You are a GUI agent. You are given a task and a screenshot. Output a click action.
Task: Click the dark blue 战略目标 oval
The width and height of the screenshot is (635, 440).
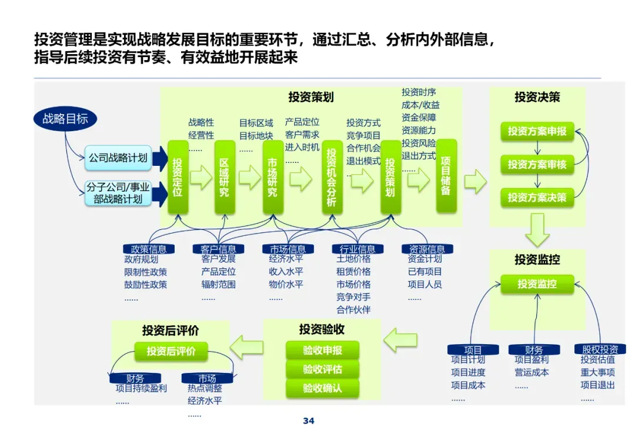tap(65, 119)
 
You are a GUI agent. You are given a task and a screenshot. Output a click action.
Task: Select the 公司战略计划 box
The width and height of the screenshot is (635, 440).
tap(118, 158)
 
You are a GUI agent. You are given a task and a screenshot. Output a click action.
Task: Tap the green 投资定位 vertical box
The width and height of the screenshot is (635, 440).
tap(178, 177)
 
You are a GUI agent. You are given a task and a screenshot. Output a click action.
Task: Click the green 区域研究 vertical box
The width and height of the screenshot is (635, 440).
tap(225, 177)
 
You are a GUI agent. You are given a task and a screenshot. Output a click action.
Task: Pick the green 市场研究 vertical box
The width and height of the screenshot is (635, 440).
tap(272, 177)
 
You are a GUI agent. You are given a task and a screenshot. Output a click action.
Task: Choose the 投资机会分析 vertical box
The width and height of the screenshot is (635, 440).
tap(332, 177)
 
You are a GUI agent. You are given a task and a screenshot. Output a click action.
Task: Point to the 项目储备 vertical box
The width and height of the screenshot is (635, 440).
tap(446, 176)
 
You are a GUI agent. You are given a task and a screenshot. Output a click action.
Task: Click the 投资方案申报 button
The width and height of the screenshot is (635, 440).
tap(537, 131)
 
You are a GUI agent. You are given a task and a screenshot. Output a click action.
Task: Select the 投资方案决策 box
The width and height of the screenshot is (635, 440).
tap(537, 198)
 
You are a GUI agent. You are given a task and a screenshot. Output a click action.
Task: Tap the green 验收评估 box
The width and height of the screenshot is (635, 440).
tap(322, 369)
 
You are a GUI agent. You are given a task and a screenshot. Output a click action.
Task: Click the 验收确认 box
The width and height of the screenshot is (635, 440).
tap(322, 389)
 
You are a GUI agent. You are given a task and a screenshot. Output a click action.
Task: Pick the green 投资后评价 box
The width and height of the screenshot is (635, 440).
tap(171, 352)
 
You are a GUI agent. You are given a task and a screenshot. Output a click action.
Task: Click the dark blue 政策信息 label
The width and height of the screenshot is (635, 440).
tap(145, 249)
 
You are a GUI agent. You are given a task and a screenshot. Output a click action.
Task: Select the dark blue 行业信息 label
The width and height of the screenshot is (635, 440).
tap(357, 249)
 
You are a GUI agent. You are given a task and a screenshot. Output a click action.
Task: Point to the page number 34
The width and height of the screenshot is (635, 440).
tap(309, 421)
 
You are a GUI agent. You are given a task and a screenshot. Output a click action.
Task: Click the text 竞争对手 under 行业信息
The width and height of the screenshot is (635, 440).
tap(353, 297)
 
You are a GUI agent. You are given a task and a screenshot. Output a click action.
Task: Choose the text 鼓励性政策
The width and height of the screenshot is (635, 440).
tap(146, 285)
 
